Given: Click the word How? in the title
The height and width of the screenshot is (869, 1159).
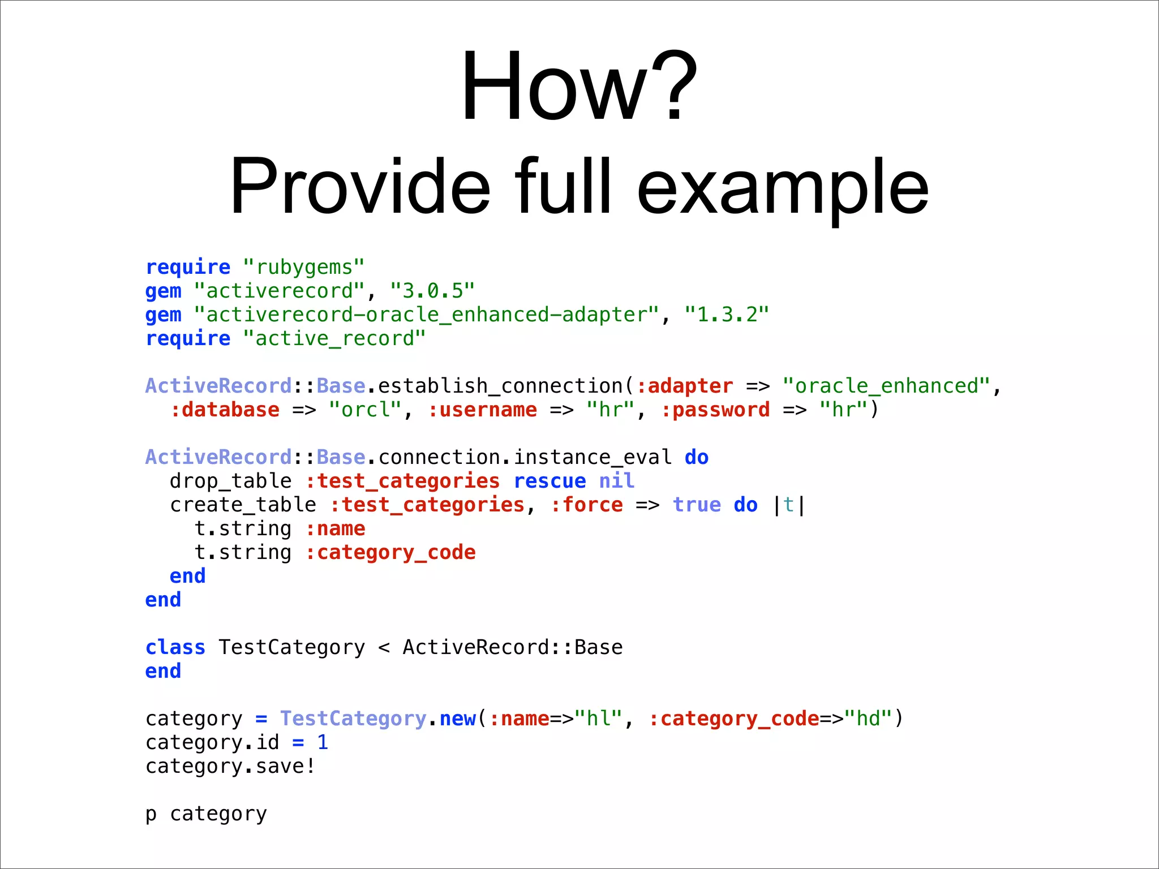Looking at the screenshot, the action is tap(579, 86).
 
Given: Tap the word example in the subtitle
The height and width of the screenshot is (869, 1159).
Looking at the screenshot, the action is tap(783, 187).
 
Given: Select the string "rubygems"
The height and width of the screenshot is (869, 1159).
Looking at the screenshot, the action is tap(304, 267).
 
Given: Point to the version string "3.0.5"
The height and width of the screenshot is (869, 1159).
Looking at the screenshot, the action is tap(432, 291).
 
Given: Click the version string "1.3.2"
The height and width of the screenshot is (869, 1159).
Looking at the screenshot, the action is tap(727, 315).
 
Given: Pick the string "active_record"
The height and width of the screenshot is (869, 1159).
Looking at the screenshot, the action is tap(334, 338).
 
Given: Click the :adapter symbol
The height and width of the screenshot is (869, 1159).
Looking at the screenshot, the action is tap(685, 386).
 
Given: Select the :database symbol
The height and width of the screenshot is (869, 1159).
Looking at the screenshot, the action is tap(225, 410).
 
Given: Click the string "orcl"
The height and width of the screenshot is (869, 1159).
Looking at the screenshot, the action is tap(365, 410).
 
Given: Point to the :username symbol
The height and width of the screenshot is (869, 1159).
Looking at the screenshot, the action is tap(482, 410).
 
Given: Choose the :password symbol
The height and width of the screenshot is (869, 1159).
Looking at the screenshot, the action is tap(715, 410).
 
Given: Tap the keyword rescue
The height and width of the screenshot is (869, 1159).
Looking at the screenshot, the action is tap(550, 481).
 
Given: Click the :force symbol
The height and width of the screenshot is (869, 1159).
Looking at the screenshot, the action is tap(586, 505).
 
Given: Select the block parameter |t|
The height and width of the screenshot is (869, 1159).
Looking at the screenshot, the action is tap(789, 505).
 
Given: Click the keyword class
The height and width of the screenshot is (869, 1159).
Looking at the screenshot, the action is tap(175, 647).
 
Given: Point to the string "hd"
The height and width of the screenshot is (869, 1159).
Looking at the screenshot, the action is tap(868, 719).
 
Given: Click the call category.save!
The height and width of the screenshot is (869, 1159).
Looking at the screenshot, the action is tap(230, 766).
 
